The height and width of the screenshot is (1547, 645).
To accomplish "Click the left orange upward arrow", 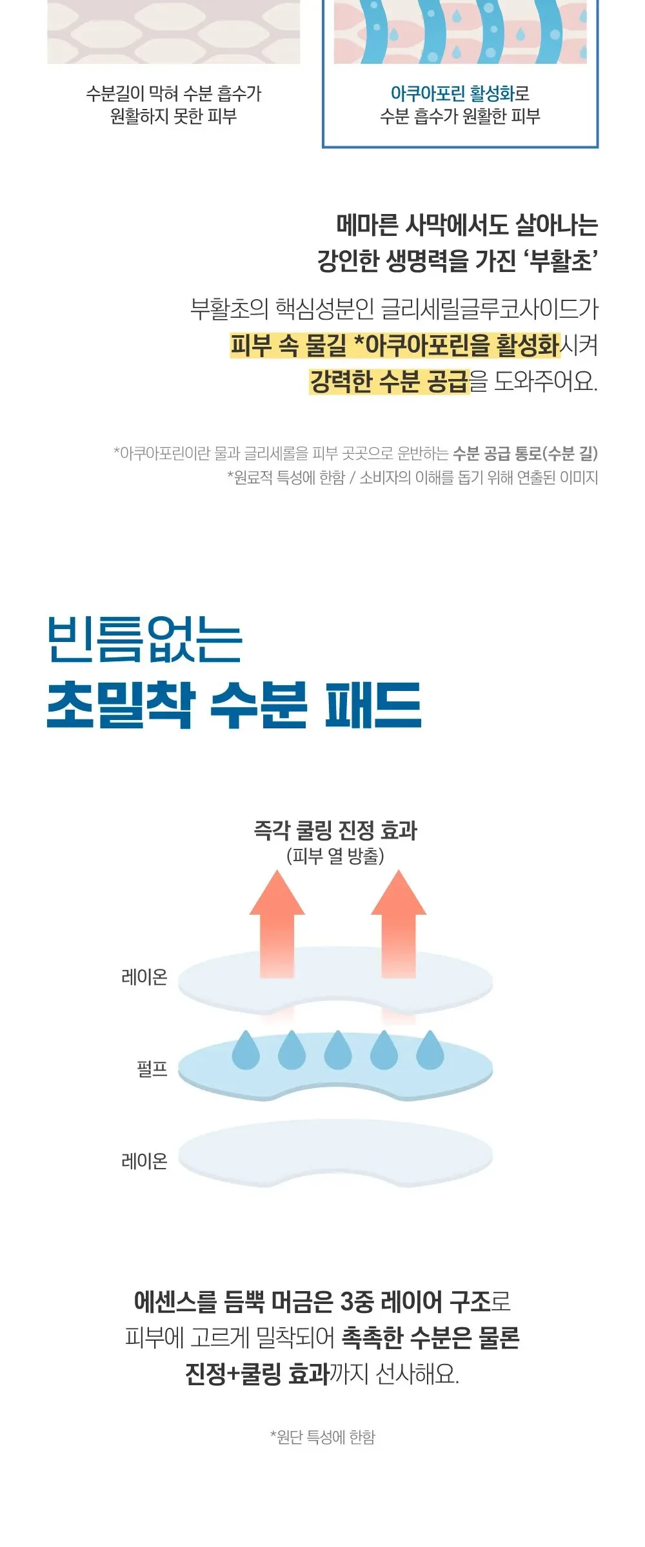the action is tap(277, 923).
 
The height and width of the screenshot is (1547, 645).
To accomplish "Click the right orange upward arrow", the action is tap(399, 923).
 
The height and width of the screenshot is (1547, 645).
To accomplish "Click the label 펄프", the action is tap(152, 1069).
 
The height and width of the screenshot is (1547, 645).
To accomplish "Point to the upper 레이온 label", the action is tap(144, 977).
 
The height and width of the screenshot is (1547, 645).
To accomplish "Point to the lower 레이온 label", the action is tap(144, 1161).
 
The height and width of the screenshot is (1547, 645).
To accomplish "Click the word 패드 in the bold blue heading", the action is tap(373, 705).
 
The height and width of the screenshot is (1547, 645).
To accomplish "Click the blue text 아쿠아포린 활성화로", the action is tap(460, 93).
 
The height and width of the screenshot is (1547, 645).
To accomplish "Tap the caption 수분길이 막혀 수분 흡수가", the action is tap(174, 93).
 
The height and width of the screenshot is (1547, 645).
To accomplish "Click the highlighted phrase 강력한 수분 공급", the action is tap(389, 381).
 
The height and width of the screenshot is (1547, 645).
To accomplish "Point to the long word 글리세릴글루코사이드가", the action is tap(490, 309).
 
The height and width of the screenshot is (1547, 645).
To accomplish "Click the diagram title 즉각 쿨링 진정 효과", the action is tap(335, 830).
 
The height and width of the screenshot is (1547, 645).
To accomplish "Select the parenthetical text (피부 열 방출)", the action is tap(335, 856).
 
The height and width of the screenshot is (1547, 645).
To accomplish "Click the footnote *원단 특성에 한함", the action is tap(322, 1437).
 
